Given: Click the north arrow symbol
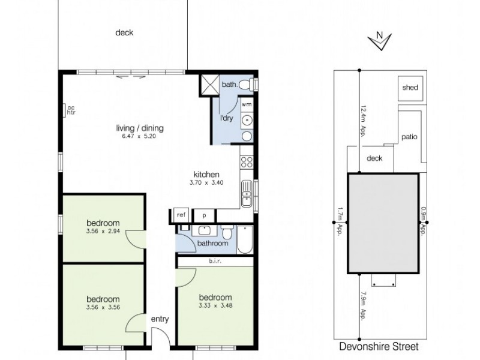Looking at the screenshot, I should [x=380, y=40].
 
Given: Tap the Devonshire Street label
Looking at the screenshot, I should [x=379, y=346].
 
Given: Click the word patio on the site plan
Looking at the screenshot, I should [x=410, y=137].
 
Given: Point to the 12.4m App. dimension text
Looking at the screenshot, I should [x=363, y=122].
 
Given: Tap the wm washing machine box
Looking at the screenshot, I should [x=247, y=104].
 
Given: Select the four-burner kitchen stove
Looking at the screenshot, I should [x=246, y=161].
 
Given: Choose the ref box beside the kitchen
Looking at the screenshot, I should [x=180, y=215].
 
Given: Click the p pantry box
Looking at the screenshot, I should [x=204, y=215].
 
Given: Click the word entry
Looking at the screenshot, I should [x=160, y=319].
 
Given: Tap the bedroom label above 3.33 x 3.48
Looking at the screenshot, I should [x=215, y=298].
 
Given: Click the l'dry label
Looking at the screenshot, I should [x=226, y=118].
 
